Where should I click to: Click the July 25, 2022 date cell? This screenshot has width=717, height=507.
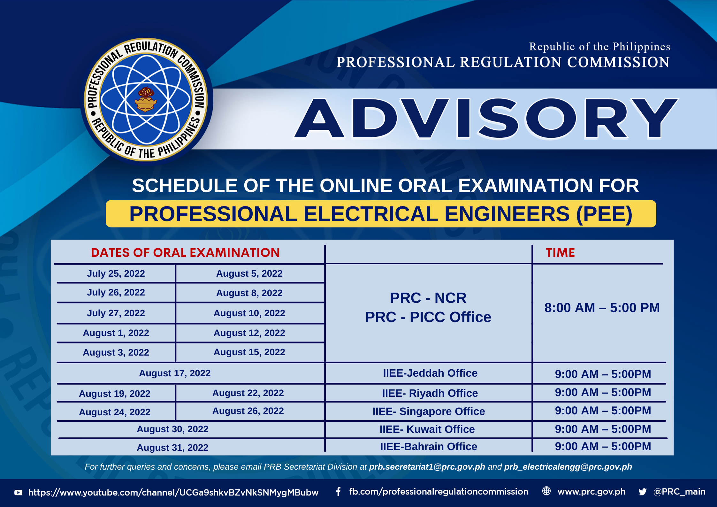[x=116, y=273]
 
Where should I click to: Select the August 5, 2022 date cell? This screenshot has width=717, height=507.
[x=249, y=273]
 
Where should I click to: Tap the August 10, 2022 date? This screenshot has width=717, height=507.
[x=249, y=313]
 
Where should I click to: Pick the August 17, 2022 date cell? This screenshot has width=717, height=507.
[x=175, y=373]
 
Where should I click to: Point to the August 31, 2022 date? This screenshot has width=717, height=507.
[x=172, y=448]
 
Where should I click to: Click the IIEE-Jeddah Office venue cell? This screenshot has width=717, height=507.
[x=430, y=373]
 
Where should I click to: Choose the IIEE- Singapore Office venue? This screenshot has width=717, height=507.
[x=429, y=411]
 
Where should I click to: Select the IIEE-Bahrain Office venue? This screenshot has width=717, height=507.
[x=429, y=447]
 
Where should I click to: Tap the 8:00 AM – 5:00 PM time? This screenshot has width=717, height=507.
[x=602, y=308]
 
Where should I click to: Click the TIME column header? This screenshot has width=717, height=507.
[x=560, y=253]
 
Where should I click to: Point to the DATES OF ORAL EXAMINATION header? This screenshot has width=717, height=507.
[x=185, y=253]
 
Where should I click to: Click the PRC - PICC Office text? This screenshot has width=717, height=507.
[x=428, y=317]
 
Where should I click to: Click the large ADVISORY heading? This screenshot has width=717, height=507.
[x=486, y=119]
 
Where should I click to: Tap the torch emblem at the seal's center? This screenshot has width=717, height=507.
[x=146, y=100]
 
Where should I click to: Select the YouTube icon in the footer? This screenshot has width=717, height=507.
[x=19, y=493]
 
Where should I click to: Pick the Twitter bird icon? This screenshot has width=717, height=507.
[x=643, y=492]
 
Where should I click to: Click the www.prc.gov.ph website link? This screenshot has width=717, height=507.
[x=591, y=492]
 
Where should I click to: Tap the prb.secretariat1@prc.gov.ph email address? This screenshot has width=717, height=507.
[x=427, y=467]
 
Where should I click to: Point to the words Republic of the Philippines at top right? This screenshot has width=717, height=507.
[x=599, y=47]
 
